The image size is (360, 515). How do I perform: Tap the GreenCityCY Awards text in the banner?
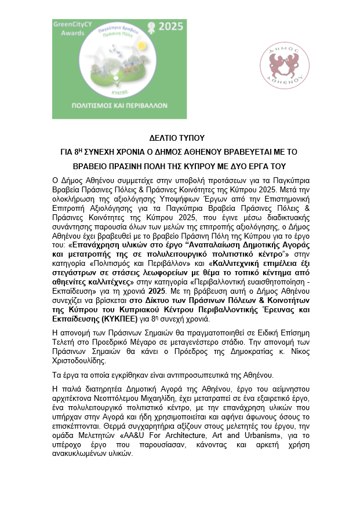[x=70, y=29]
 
